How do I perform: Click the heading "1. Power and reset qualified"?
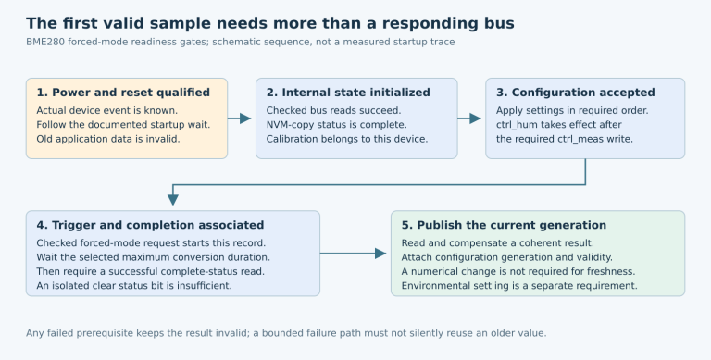coord(123,93)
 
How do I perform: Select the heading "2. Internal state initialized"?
coord(348,93)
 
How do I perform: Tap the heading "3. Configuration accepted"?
coord(576,93)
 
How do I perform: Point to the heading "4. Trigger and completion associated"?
coord(150,225)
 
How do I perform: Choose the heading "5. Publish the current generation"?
coord(504,225)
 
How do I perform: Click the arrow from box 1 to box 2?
coord(240,118)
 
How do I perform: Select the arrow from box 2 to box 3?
coord(469,118)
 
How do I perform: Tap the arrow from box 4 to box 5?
coord(354,254)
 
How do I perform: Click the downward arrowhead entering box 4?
coord(173,200)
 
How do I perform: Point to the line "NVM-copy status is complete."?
coord(336,125)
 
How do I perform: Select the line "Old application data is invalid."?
coord(108,139)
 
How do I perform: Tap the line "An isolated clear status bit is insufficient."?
coord(133,286)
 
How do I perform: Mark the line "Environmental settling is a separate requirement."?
coord(519,286)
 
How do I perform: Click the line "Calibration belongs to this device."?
coord(347,139)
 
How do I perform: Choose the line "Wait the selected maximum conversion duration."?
coord(154,257)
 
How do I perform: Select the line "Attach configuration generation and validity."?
coord(507,257)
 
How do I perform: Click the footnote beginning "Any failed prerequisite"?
coord(286,333)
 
